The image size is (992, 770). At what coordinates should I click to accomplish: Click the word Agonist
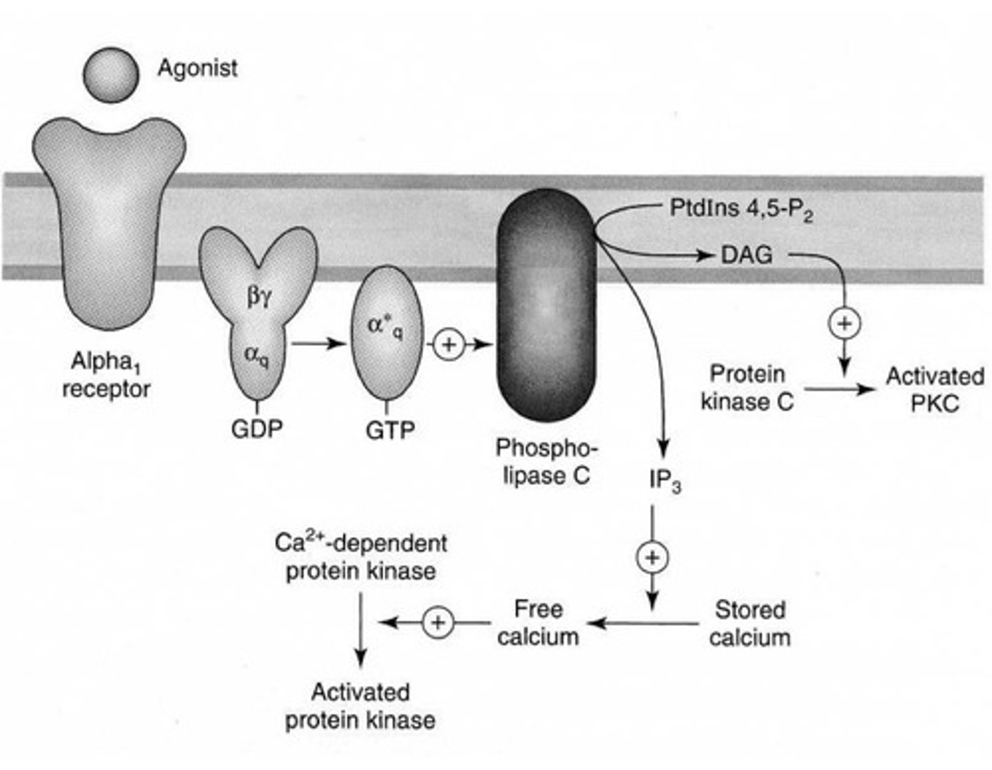click(198, 68)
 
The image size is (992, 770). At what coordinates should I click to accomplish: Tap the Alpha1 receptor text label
click(106, 375)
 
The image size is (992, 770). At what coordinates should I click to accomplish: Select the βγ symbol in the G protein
click(260, 297)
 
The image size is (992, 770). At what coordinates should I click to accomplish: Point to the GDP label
click(257, 429)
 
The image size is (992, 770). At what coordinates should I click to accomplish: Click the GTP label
click(390, 430)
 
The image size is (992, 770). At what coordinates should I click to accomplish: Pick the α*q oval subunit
click(386, 332)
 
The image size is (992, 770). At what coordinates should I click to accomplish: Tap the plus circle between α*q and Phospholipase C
click(449, 344)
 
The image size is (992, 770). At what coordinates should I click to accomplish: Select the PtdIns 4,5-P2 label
click(741, 209)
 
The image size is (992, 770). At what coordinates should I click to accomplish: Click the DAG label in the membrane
click(747, 256)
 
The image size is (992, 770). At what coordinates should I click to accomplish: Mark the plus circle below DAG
click(845, 323)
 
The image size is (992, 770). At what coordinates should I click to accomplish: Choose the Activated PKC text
click(935, 389)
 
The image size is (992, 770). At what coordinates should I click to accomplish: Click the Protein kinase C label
click(747, 387)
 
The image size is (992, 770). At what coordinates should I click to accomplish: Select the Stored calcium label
click(750, 623)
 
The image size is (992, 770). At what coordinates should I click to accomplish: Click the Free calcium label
click(538, 622)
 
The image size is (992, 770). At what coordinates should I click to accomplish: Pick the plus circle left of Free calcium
click(438, 622)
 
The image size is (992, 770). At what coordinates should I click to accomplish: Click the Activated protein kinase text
click(360, 706)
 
